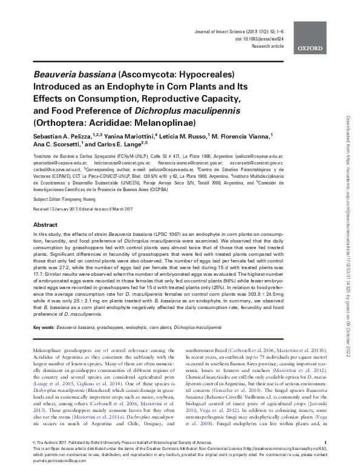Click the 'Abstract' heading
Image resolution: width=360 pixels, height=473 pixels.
[x=45, y=224]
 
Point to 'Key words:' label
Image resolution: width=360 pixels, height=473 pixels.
[x=42, y=327]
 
